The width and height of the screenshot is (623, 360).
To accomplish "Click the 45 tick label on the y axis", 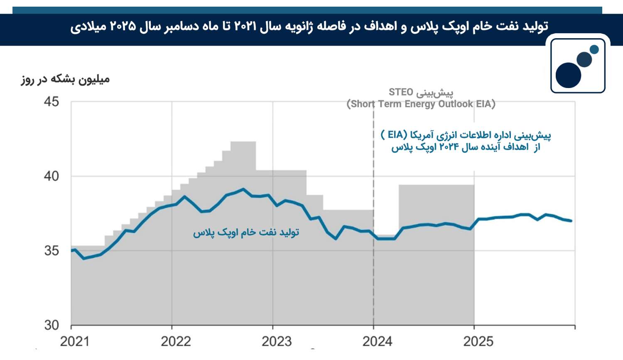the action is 52,102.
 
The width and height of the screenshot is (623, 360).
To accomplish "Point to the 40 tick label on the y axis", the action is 52,176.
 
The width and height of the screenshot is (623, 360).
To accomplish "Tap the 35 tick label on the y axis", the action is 52,251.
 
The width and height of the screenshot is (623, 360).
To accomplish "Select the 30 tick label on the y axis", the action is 52,325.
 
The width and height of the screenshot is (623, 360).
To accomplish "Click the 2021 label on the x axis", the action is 75,342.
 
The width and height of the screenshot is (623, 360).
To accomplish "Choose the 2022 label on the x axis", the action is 176,342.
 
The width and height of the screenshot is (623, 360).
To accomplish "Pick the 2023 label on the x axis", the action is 277,342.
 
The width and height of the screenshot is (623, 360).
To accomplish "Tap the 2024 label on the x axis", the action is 378,342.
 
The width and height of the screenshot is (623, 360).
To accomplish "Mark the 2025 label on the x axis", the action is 478,342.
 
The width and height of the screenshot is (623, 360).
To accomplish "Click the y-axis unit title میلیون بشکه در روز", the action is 65,79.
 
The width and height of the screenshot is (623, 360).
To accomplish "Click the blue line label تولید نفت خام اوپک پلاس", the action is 246,233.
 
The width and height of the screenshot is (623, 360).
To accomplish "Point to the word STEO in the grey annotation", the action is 401,92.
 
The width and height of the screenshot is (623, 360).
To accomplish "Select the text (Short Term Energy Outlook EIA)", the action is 421,104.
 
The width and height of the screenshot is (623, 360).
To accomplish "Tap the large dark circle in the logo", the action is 568,75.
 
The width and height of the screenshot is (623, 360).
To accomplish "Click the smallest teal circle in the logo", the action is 594,49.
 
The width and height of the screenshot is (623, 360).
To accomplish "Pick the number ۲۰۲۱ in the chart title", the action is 245,27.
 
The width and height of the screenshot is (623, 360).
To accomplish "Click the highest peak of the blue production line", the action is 243,189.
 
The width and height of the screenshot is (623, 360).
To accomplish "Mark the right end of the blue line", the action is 571,221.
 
